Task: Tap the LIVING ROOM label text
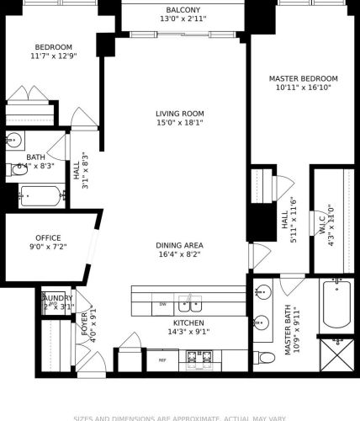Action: [180, 114]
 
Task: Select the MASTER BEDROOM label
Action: [303, 78]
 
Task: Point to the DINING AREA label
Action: [180, 246]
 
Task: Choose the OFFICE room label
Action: [48, 237]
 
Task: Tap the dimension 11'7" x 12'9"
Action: [52, 56]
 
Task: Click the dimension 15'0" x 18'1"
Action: [180, 124]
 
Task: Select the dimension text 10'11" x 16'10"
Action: [303, 88]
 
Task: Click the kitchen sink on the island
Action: [190, 303]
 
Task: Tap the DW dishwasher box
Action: [164, 304]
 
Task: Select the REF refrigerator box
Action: [163, 360]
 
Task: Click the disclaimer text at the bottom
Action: [180, 417]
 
